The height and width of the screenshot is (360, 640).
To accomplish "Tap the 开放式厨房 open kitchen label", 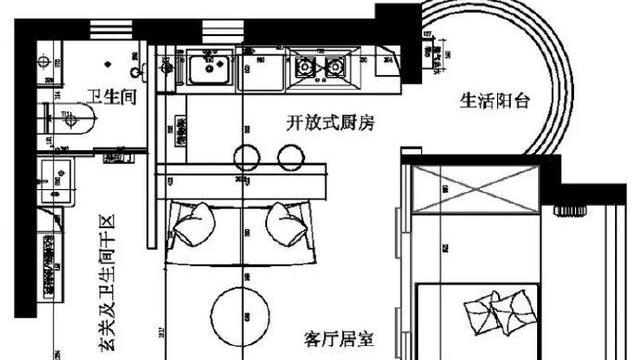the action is click(329, 124).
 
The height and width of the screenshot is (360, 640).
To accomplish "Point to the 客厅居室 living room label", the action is click(340, 340).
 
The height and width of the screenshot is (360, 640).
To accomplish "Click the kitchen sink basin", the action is click(209, 70).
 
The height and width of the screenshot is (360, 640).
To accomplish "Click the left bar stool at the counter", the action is click(247, 155).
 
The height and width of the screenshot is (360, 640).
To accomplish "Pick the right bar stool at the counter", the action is click(291, 155).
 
